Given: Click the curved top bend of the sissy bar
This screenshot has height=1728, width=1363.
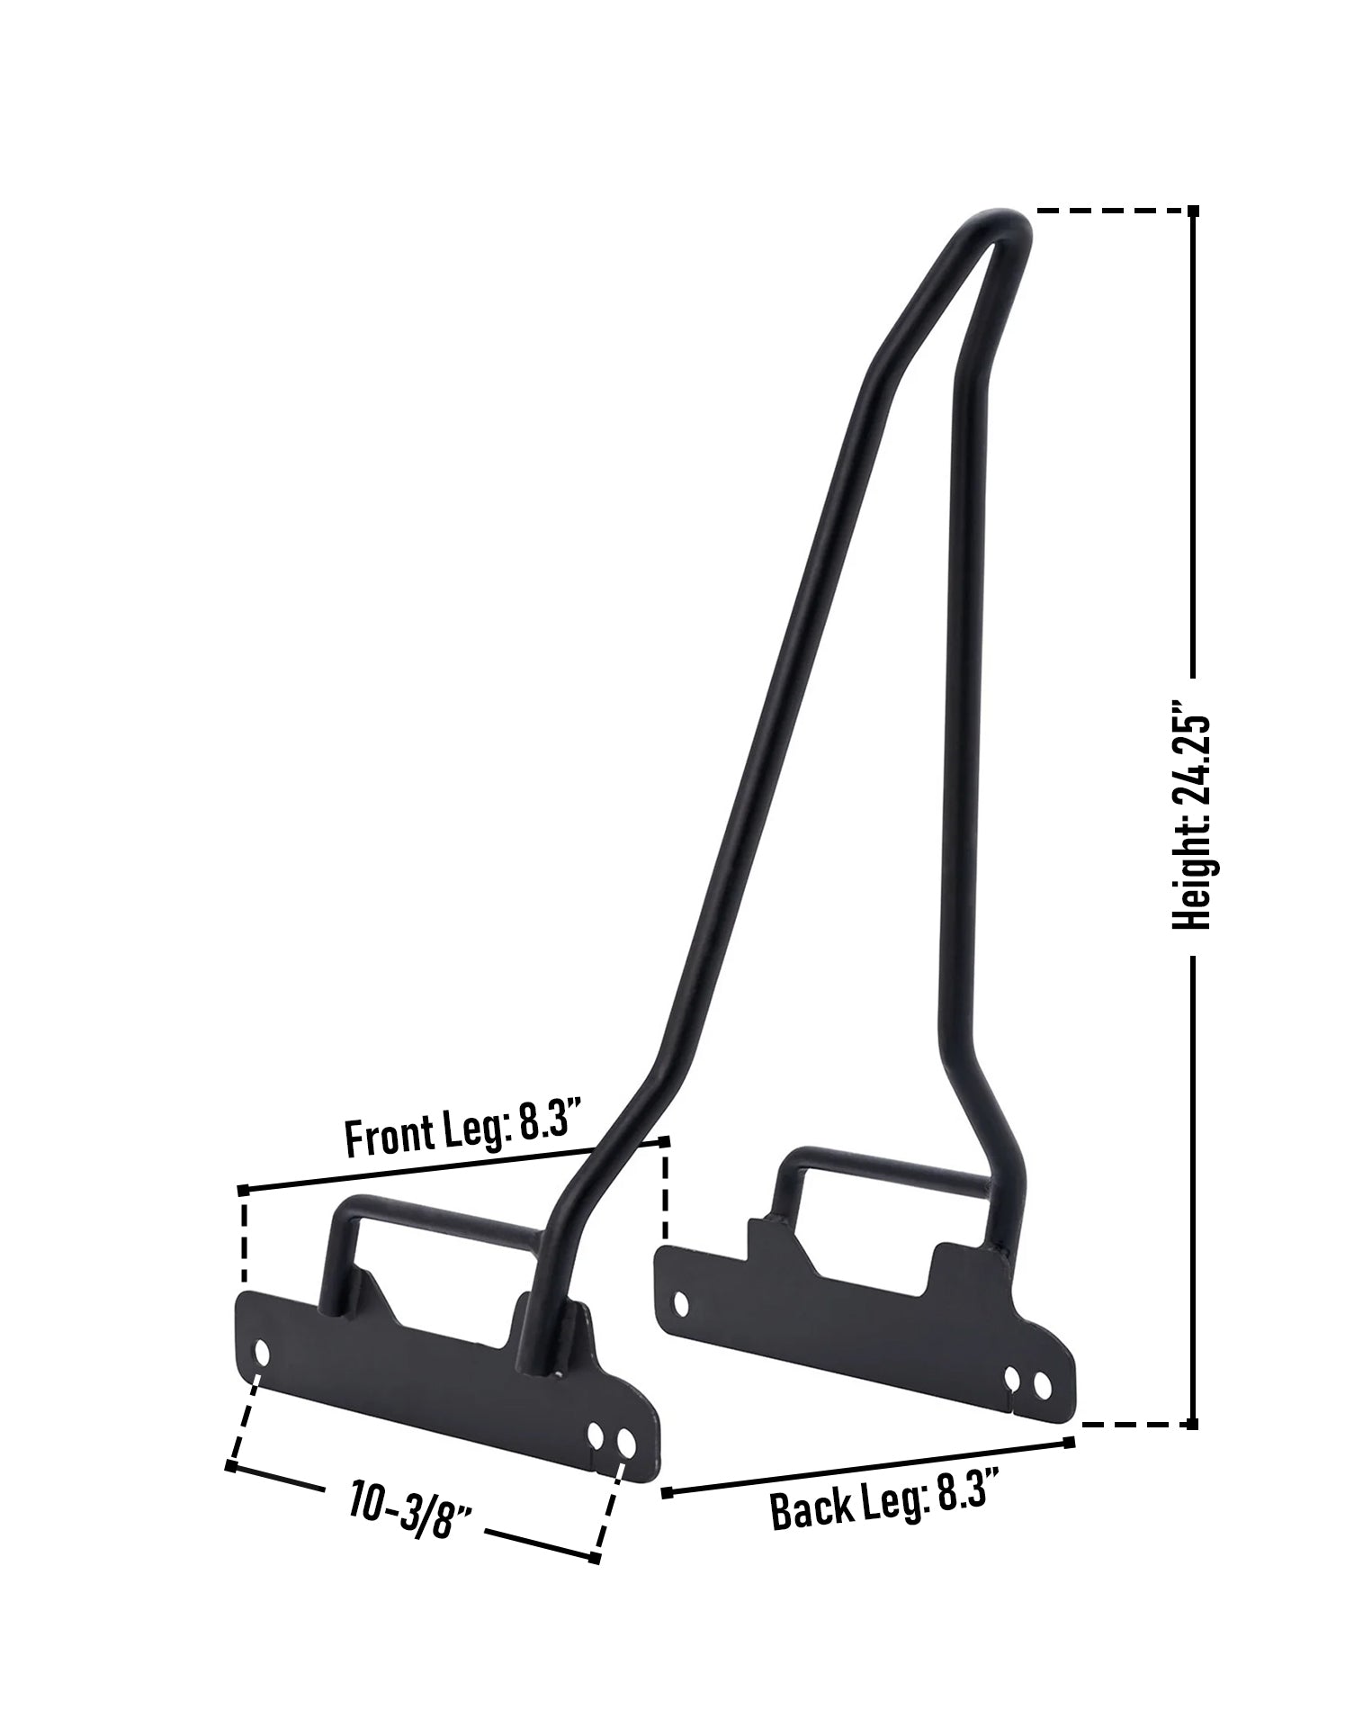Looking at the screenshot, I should [x=999, y=223].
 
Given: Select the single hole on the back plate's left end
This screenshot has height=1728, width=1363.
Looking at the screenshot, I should [x=682, y=1302].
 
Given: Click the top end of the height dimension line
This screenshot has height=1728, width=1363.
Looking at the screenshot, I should [x=1193, y=211].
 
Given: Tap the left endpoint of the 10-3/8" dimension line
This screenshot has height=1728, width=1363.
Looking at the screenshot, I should [x=231, y=1467].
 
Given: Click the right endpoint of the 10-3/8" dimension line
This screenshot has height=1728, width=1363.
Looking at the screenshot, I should [x=594, y=1558].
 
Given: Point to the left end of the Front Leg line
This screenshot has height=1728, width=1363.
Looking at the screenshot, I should [x=243, y=1191].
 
